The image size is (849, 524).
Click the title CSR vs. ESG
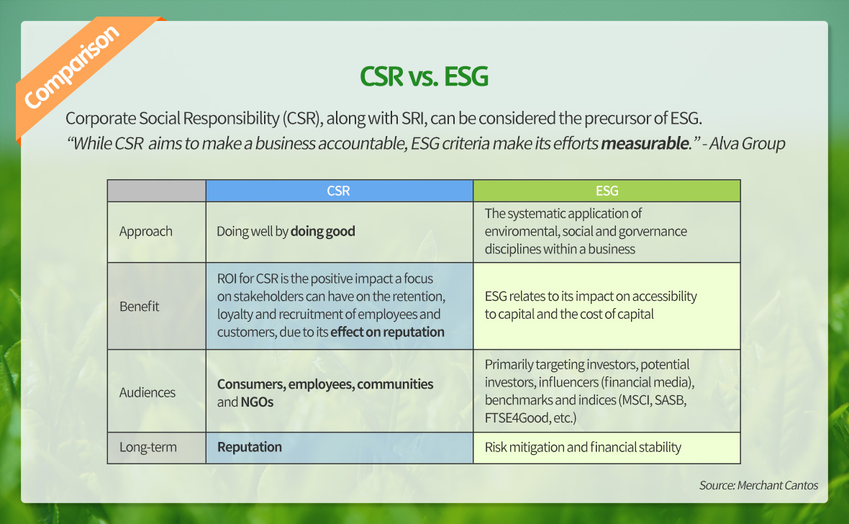point(424,76)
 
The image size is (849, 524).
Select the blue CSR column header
point(339,191)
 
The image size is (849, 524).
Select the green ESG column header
point(607,191)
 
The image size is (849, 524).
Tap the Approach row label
point(145,231)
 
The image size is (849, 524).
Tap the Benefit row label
point(139,306)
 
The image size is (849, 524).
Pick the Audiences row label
point(147,392)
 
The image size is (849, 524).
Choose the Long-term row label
point(147,447)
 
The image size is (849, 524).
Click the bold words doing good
point(323,231)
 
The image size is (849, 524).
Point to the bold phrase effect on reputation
point(387,332)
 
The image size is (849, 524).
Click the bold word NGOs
point(257,402)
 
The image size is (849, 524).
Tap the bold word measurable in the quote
point(645,144)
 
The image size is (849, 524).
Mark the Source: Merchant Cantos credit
point(758,486)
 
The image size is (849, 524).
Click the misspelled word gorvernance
point(653,231)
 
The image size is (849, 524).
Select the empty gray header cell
point(156,191)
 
